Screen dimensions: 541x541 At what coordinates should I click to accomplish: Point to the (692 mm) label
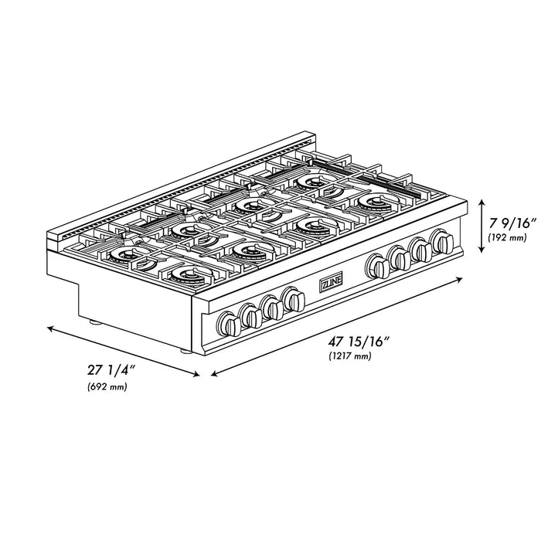(x=107, y=386)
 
